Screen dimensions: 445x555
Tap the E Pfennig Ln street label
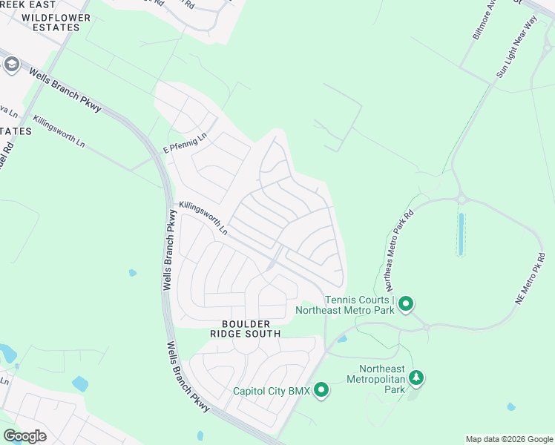pyautogui.click(x=185, y=142)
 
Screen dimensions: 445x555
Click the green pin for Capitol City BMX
pyautogui.click(x=321, y=389)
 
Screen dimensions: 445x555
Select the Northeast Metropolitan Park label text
pyautogui.click(x=382, y=379)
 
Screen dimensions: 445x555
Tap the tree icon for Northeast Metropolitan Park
pyautogui.click(x=417, y=378)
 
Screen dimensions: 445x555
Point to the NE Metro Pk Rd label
pyautogui.click(x=531, y=279)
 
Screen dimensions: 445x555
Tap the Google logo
pyautogui.click(x=24, y=436)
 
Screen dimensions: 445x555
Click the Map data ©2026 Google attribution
pyautogui.click(x=508, y=439)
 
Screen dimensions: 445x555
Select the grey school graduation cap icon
pyautogui.click(x=11, y=65)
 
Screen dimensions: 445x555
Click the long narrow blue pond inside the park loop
pyautogui.click(x=462, y=234)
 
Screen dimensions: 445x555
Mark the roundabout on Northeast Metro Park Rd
pyautogui.click(x=462, y=198)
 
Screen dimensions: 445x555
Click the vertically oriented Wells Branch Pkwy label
pyautogui.click(x=168, y=249)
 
